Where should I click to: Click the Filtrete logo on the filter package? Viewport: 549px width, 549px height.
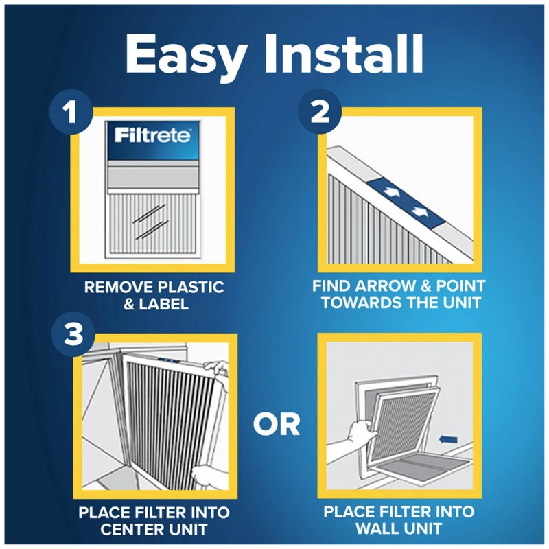click(152, 133)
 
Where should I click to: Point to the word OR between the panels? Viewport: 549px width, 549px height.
click(277, 425)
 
